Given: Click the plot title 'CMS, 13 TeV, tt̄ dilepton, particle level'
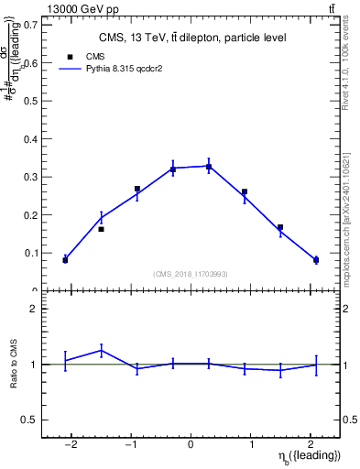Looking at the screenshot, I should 192,38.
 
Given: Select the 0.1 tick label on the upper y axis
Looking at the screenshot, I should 30,253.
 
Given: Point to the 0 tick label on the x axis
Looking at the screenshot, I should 191,444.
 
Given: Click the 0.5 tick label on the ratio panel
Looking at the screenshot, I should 28,420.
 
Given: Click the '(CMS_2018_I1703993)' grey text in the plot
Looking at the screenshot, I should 191,274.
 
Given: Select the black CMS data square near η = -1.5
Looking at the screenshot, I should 101,229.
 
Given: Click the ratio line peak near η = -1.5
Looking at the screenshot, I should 101,349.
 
